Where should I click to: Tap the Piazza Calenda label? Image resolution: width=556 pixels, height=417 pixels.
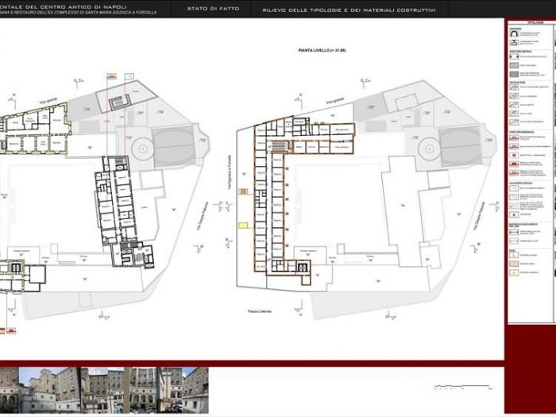pos(260,311)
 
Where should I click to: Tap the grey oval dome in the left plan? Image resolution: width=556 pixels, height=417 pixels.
pos(178,145)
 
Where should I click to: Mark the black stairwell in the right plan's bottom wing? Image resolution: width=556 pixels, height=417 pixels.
pos(303,267)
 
